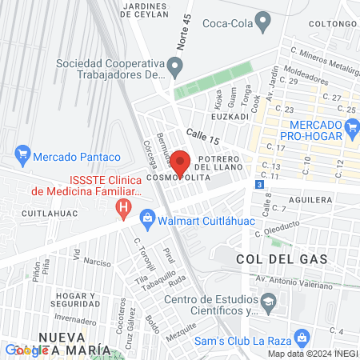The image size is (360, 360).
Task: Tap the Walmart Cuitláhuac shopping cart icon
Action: coord(147,217)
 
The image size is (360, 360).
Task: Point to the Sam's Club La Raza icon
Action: coord(302,336)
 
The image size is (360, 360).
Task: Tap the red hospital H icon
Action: coord(123,210)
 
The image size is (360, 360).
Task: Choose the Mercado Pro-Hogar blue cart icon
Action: coord(351,126)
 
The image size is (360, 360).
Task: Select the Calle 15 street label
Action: coord(202,137)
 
